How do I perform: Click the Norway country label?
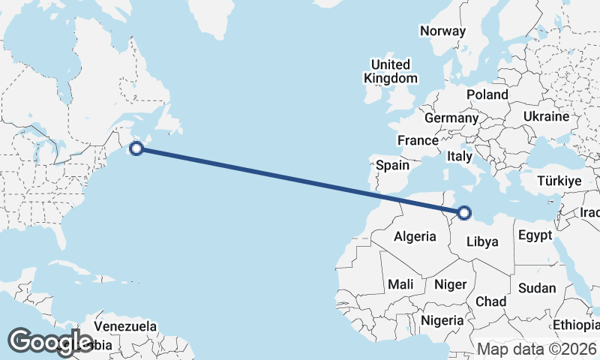click(442, 31)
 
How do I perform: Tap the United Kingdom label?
click(391, 71)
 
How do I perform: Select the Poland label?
click(487, 94)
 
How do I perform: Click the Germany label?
click(451, 118)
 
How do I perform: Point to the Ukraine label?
click(546, 117)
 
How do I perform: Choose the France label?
click(418, 140)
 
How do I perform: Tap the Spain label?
click(392, 165)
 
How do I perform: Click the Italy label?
click(459, 157)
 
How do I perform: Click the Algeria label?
click(415, 236)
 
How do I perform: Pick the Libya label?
click(482, 241)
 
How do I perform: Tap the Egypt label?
click(535, 236)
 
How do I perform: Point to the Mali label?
click(400, 284)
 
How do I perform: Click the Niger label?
click(451, 284)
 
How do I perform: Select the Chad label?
click(491, 301)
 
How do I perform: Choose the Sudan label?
click(537, 288)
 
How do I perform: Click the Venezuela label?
click(125, 326)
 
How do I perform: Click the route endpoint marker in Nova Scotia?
click(136, 148)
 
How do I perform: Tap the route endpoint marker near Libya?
click(464, 213)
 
